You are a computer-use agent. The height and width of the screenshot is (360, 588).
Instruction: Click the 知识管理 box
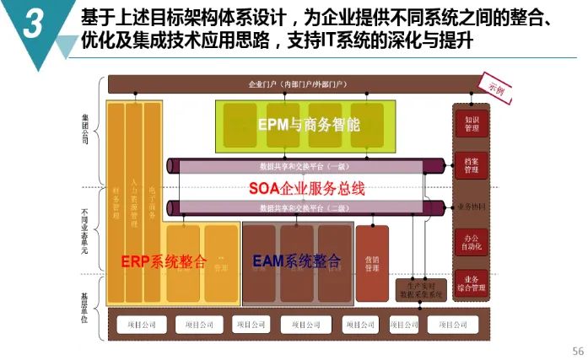click(x=472, y=124)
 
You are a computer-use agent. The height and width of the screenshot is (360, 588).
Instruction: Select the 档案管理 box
click(x=472, y=165)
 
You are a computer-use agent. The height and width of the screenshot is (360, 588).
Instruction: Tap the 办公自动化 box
click(x=472, y=242)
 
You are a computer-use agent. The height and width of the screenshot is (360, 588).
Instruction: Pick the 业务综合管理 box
click(x=472, y=284)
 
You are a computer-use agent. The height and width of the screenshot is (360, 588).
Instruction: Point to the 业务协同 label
click(x=472, y=206)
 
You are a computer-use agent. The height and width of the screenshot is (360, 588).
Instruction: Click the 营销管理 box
click(x=372, y=264)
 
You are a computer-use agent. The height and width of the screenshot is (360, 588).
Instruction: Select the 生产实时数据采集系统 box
click(x=421, y=290)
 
